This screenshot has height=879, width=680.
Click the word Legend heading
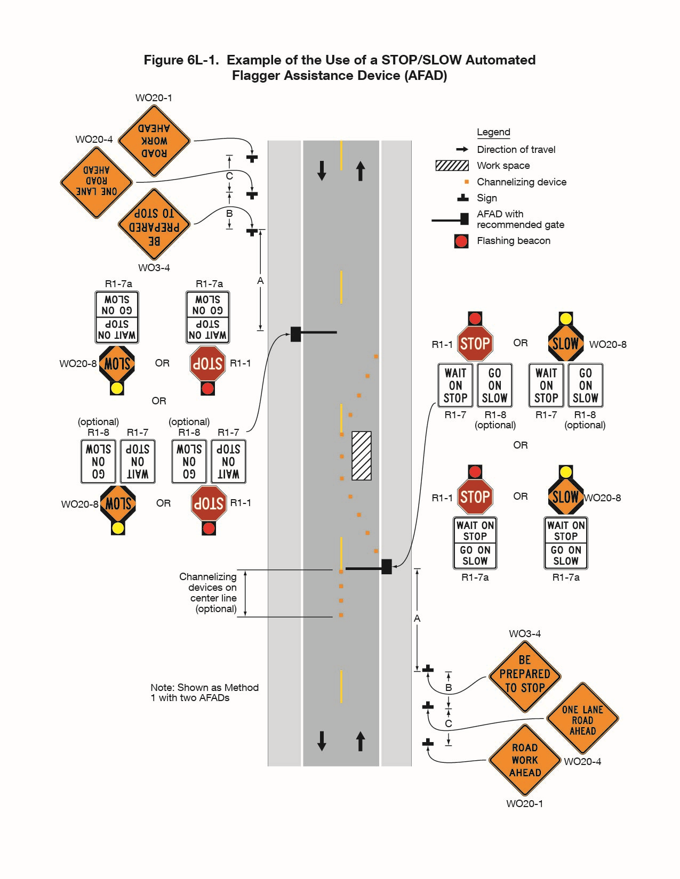pyautogui.click(x=493, y=132)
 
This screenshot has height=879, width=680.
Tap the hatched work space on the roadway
pyautogui.click(x=362, y=455)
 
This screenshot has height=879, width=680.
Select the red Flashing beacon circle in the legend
pyautogui.click(x=461, y=241)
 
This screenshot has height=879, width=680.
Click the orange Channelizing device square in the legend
pyautogui.click(x=467, y=182)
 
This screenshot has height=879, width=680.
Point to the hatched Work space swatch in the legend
pyautogui.click(x=452, y=165)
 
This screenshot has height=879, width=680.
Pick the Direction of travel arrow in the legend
pyautogui.click(x=462, y=149)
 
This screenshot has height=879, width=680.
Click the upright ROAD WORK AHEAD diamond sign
pyautogui.click(x=525, y=760)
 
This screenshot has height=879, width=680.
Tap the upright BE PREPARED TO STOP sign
pyautogui.click(x=525, y=674)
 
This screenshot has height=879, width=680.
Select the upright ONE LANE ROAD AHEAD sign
pyautogui.click(x=582, y=720)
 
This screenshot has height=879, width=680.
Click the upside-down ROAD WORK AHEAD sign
pyautogui.click(x=154, y=141)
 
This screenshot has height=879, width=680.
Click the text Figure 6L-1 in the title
pyautogui.click(x=181, y=60)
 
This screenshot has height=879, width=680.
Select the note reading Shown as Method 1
pyautogui.click(x=204, y=693)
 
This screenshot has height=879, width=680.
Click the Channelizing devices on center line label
pyautogui.click(x=209, y=592)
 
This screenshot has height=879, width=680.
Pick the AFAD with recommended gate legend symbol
pyautogui.click(x=451, y=219)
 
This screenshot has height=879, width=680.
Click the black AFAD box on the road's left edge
pyautogui.click(x=296, y=334)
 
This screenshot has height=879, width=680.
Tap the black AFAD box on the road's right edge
pyautogui.click(x=387, y=567)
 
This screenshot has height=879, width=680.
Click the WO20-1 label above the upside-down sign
pyautogui.click(x=154, y=98)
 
